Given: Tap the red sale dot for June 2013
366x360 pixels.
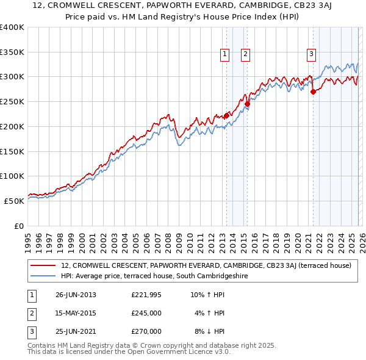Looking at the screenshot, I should (226, 115).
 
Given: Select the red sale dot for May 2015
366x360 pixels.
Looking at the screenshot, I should (247, 104).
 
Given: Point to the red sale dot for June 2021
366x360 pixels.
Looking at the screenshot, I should (313, 92).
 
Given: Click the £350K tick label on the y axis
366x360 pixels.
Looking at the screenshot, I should (12, 52).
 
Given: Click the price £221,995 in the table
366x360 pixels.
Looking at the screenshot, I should (146, 295).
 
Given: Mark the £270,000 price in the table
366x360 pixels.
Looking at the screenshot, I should (146, 331).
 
